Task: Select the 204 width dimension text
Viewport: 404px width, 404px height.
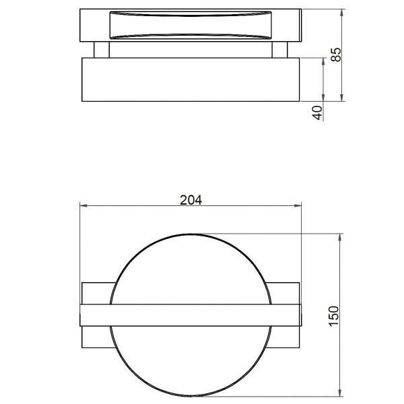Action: (x=191, y=199)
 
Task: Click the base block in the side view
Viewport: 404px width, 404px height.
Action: (x=191, y=79)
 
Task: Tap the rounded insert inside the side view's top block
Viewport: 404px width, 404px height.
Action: (x=191, y=26)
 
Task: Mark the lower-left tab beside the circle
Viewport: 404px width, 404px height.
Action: (x=95, y=337)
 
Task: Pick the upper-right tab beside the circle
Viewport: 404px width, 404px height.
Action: (x=285, y=293)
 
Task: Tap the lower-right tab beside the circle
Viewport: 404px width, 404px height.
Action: (x=286, y=337)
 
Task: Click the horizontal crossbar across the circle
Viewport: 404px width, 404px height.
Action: (x=191, y=315)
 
